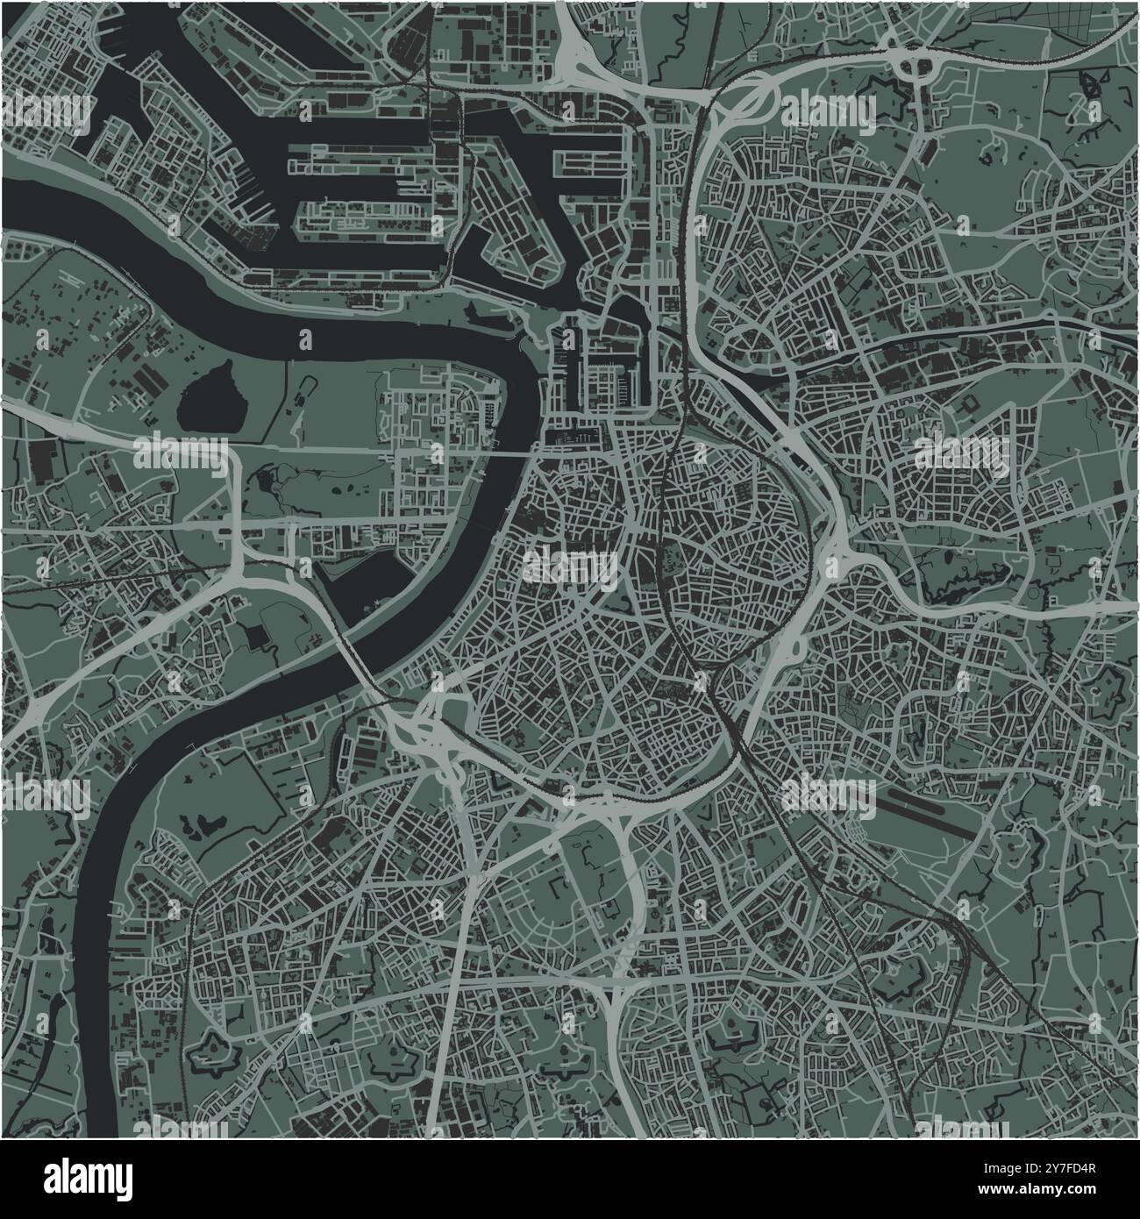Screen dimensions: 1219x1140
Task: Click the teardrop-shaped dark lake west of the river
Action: pyautogui.click(x=207, y=395)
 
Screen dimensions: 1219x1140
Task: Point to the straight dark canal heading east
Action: pyautogui.click(x=965, y=329)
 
